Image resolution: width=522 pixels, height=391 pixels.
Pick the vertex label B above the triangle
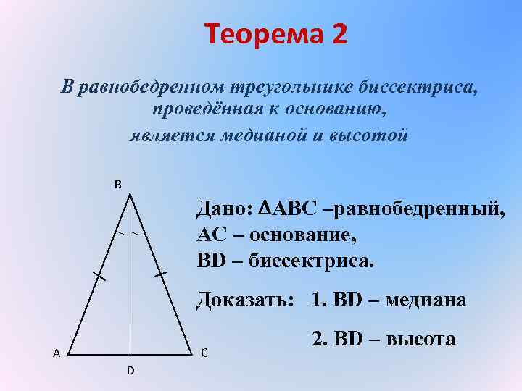click(117, 183)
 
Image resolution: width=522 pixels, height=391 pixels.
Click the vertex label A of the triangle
click(55, 353)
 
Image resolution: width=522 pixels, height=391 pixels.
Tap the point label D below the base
click(130, 371)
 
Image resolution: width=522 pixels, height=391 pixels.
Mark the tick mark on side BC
click(161, 275)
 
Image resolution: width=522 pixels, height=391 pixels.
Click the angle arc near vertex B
click(130, 236)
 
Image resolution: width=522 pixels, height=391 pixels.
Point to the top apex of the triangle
click(130, 193)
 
